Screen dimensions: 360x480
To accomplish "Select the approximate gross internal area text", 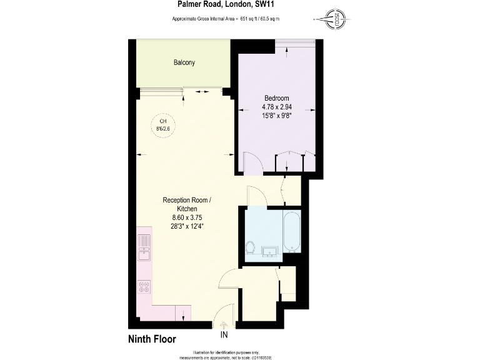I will pos(226,19).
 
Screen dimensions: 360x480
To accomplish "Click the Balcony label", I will pos(184,62).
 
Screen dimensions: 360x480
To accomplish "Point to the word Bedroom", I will pos(276,99).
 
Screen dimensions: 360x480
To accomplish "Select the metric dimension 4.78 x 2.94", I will pos(276,107).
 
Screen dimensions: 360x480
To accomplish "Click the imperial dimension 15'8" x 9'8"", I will pos(276,116).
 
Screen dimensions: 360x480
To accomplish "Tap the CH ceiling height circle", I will pos(163,124).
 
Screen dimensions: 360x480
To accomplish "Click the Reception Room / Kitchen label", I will pos(187,204).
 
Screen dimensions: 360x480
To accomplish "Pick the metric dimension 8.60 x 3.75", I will pos(187,217).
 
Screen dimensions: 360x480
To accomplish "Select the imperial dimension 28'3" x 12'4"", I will pos(187,226).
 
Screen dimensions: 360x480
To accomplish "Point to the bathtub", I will pos(291,232).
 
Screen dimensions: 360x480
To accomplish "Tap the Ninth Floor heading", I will pos(152,339).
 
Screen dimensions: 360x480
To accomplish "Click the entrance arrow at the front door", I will pos(224,324).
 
